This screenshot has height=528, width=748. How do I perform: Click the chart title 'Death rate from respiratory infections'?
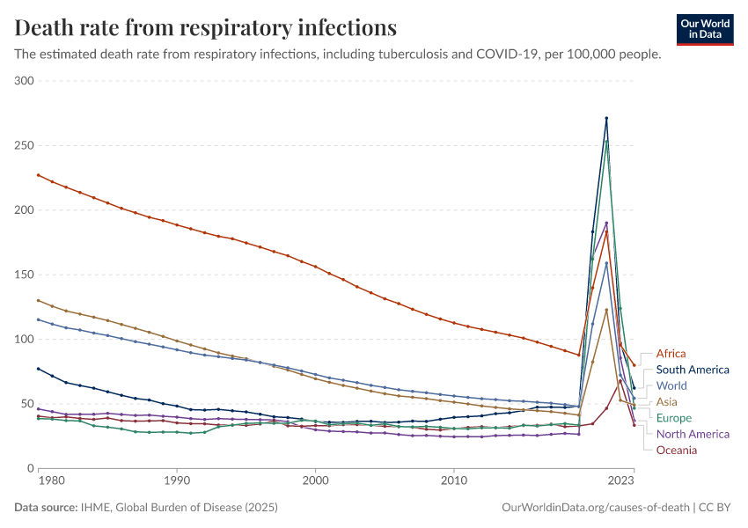[x=206, y=27]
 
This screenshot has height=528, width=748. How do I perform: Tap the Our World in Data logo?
[x=705, y=29]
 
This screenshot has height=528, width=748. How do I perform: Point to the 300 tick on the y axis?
[x=24, y=81]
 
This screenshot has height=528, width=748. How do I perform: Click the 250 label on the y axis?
[x=24, y=145]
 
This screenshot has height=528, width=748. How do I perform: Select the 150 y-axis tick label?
[x=24, y=275]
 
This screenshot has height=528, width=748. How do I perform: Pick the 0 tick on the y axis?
[x=29, y=468]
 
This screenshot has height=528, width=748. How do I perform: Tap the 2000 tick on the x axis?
[x=316, y=481]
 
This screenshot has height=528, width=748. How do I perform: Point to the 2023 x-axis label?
[x=620, y=481]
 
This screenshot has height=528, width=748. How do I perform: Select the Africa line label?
[x=671, y=354]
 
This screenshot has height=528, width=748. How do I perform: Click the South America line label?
[x=693, y=370]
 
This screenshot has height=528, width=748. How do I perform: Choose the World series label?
[x=671, y=386]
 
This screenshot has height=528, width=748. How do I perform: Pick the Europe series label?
[x=674, y=418]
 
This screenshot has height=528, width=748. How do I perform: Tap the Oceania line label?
[x=677, y=450]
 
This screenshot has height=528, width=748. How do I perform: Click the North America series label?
[x=693, y=434]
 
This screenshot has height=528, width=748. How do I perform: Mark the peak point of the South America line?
[x=606, y=118]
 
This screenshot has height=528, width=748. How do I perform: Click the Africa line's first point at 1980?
[x=38, y=174]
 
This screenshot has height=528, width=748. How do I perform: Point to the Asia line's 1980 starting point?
[x=38, y=300]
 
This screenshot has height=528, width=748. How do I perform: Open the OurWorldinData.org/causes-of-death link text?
[x=594, y=508]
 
